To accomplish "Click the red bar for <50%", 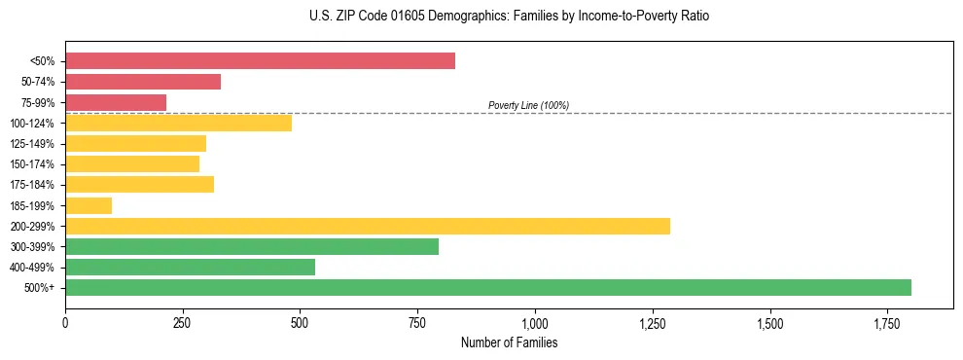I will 260,61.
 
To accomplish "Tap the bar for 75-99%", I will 116,102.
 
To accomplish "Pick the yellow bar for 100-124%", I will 178,123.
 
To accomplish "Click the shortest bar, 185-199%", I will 81,205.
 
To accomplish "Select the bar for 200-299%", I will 368,226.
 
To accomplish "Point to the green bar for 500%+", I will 488,287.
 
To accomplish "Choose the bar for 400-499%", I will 190,267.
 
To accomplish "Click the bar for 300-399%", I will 252,246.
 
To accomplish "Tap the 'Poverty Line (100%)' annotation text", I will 528,105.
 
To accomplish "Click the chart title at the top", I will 509,17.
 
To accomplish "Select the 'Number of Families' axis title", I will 509,342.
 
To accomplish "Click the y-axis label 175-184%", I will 32,185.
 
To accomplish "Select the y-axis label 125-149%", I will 32,144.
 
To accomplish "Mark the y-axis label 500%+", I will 40,288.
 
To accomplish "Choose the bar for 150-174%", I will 132,164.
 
